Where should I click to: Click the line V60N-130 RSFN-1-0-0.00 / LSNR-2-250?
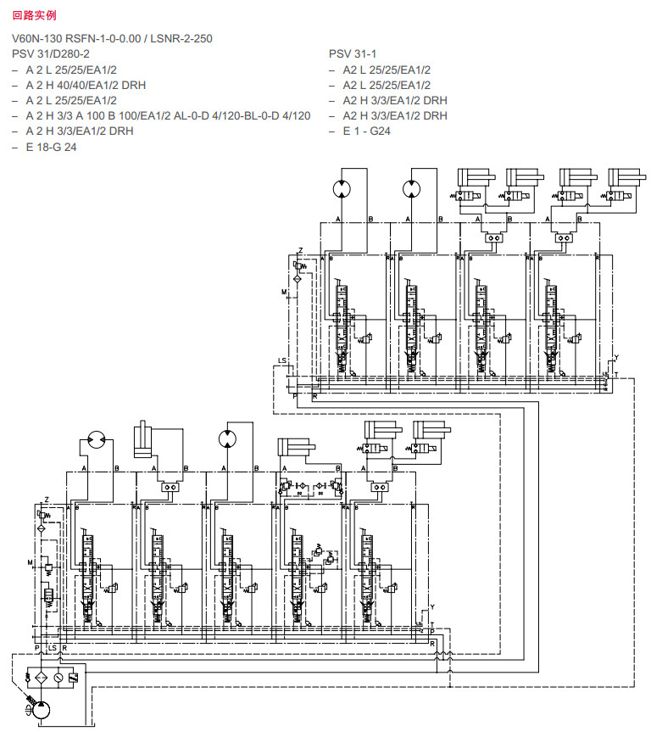111,39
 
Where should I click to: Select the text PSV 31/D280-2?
51,54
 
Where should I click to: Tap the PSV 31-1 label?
352,54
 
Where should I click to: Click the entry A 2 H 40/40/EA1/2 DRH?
86,85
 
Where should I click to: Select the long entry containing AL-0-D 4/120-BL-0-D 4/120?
168,115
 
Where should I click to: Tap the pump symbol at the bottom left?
39,712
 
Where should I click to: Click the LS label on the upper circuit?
281,362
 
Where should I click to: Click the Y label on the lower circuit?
432,607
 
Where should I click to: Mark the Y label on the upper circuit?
616,357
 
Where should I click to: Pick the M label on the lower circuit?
30,562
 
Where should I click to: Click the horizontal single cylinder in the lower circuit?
296,447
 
